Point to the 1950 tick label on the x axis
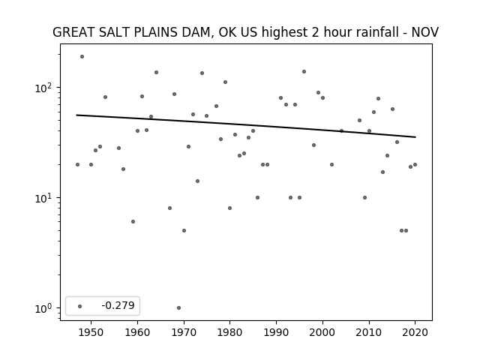pyautogui.click(x=91, y=332)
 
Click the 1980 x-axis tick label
pyautogui.click(x=230, y=332)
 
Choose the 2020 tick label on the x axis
pyautogui.click(x=415, y=332)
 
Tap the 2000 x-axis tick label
pyautogui.click(x=322, y=332)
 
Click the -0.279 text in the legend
pyautogui.click(x=118, y=305)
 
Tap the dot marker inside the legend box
pyautogui.click(x=80, y=306)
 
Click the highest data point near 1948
pyautogui.click(x=82, y=57)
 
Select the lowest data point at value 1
pyautogui.click(x=178, y=308)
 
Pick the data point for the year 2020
pyautogui.click(x=415, y=165)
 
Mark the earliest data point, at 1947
pyautogui.click(x=77, y=165)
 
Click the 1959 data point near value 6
pyautogui.click(x=133, y=222)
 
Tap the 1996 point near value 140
pyautogui.click(x=304, y=72)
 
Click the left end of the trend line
pyautogui.click(x=76, y=115)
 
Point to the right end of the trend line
pyautogui.click(x=415, y=136)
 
